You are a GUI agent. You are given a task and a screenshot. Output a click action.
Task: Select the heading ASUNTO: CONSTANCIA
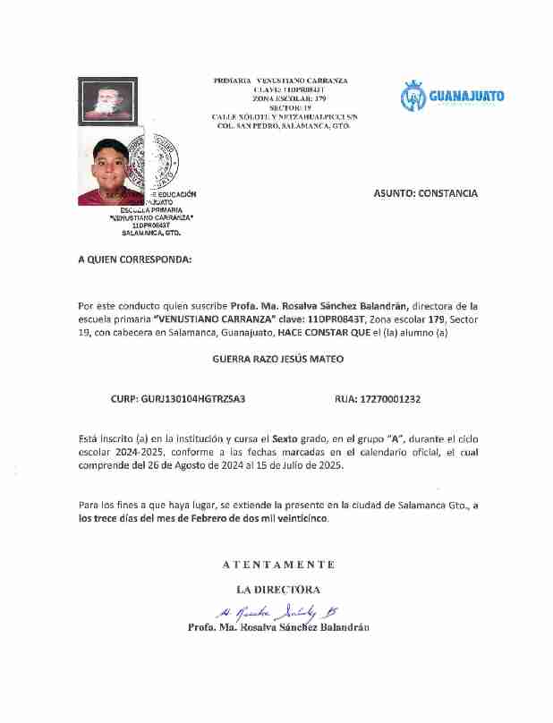[x=425, y=193]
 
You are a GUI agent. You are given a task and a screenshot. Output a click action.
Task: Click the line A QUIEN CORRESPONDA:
[x=134, y=259]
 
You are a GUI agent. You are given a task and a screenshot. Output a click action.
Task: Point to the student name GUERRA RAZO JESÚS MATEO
[x=277, y=359]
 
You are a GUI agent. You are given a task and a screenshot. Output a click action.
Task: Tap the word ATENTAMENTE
[x=278, y=565]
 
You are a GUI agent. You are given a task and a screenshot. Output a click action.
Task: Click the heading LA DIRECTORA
[x=278, y=590]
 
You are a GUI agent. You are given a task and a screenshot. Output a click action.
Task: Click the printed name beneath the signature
[x=278, y=627]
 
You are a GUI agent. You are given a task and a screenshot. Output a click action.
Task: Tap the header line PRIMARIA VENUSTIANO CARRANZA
[x=280, y=81]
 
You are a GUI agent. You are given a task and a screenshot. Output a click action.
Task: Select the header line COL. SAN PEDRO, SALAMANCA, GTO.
[x=284, y=126]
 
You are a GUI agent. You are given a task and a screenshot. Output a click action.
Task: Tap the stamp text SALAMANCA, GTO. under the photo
[x=151, y=234]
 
